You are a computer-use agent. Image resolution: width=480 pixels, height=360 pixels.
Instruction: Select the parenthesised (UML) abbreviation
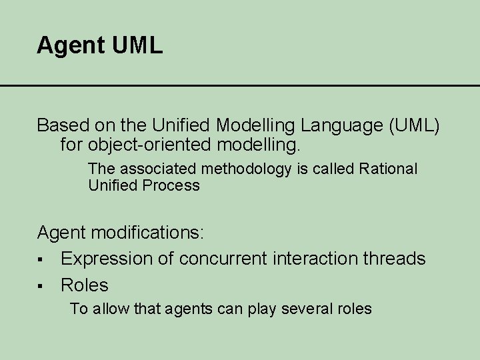(x=409, y=125)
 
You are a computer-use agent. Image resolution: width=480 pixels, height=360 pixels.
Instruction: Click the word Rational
(x=388, y=169)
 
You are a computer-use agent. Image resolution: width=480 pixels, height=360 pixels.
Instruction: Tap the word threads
(x=397, y=259)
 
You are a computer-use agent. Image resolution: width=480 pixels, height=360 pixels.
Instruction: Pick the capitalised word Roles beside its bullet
(x=84, y=285)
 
